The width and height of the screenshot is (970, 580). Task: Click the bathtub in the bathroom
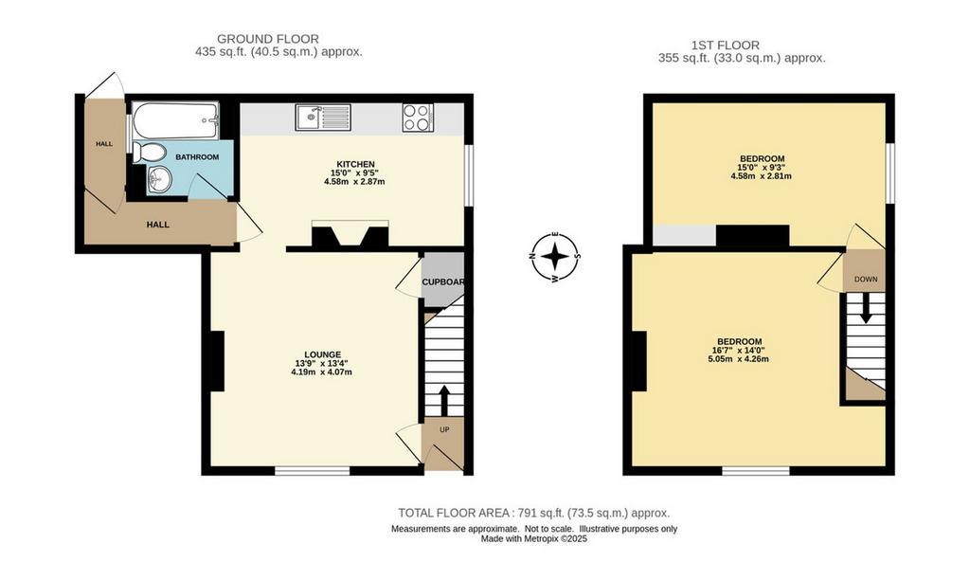coord(175,121)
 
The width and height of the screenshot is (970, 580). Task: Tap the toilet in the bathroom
coord(149,153)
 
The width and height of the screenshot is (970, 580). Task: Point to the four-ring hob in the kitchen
coord(418,117)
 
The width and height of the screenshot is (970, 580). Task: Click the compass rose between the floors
coord(555,256)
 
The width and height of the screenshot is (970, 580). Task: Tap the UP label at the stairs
coord(444,429)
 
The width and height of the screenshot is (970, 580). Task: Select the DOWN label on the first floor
coord(866,280)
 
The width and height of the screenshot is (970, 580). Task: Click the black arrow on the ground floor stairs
coord(444,401)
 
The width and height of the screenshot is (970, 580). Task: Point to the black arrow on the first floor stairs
coord(866,308)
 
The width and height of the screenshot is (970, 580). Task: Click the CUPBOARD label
coord(443,282)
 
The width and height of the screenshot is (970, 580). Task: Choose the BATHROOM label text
coord(197,157)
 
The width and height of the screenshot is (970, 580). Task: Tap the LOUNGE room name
coord(322,354)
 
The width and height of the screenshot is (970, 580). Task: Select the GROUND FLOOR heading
coord(268,40)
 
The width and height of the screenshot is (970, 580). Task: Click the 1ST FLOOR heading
coord(725,45)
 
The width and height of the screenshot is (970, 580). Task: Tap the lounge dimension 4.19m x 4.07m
coord(322,372)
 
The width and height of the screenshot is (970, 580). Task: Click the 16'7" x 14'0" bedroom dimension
coord(739,351)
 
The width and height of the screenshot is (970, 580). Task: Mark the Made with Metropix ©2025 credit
coord(534,539)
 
